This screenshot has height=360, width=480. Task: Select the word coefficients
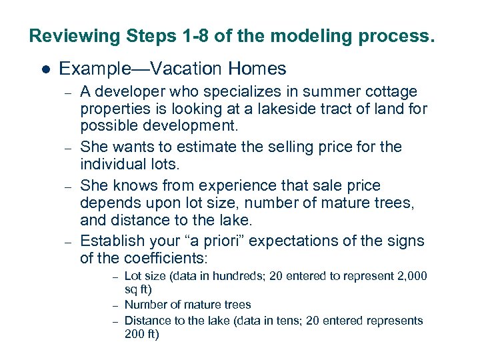point(165,259)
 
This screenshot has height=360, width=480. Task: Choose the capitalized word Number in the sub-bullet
point(143,305)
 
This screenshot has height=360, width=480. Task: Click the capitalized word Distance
point(147,321)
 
